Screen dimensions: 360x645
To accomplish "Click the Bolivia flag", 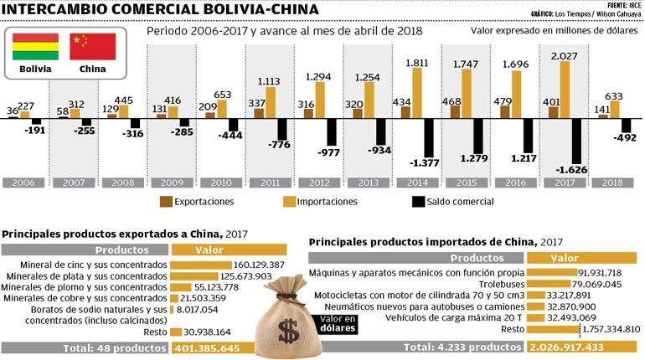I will coord(35,47).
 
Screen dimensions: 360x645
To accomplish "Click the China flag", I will coord(92,47).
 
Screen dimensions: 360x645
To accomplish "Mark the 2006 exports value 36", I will coord(13,111).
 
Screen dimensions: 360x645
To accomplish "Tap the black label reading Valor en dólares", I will coord(333,322).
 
